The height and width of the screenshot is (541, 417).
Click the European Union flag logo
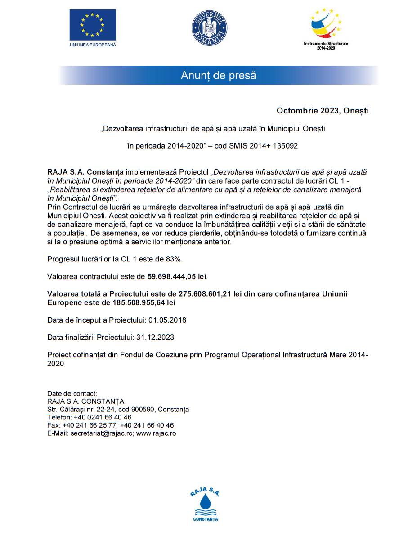click(92, 25)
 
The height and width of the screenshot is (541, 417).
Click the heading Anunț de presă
click(218, 76)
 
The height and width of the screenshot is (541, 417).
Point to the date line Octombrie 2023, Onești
click(323, 111)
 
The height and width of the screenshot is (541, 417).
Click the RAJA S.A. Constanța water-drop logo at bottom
click(205, 505)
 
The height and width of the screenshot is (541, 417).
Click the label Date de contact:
click(72, 394)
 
